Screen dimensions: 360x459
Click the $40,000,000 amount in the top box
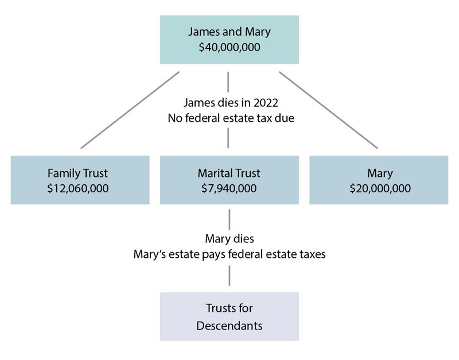click(x=229, y=48)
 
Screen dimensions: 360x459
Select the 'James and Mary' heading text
click(x=229, y=31)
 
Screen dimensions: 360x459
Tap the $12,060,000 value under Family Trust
click(x=80, y=188)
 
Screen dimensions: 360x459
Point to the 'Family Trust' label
click(x=80, y=172)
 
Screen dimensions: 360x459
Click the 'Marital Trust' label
click(x=229, y=172)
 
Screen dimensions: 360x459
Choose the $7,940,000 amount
click(x=229, y=188)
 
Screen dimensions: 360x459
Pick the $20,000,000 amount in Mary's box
click(x=378, y=188)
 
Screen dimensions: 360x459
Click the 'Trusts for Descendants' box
click(x=229, y=317)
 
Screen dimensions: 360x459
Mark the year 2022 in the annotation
click(x=264, y=103)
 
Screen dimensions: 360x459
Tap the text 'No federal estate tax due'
click(x=229, y=118)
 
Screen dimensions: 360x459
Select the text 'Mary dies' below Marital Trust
click(x=229, y=238)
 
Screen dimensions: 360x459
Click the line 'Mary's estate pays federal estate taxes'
click(x=229, y=254)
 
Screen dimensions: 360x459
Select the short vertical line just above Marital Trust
click(x=229, y=138)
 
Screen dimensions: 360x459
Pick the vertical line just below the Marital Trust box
click(x=229, y=219)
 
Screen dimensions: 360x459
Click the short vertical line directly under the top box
click(x=229, y=80)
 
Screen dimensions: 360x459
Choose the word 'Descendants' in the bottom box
click(x=229, y=326)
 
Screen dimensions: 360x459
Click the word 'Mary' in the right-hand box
click(x=378, y=172)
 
